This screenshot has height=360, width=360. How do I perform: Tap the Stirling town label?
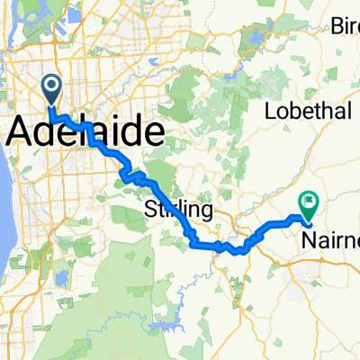(178, 211)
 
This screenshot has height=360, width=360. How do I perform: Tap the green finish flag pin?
(309, 202)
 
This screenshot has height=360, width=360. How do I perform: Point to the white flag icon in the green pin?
(309, 202)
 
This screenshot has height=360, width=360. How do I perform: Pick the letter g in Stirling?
(207, 213)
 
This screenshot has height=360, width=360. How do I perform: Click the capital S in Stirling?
(150, 211)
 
